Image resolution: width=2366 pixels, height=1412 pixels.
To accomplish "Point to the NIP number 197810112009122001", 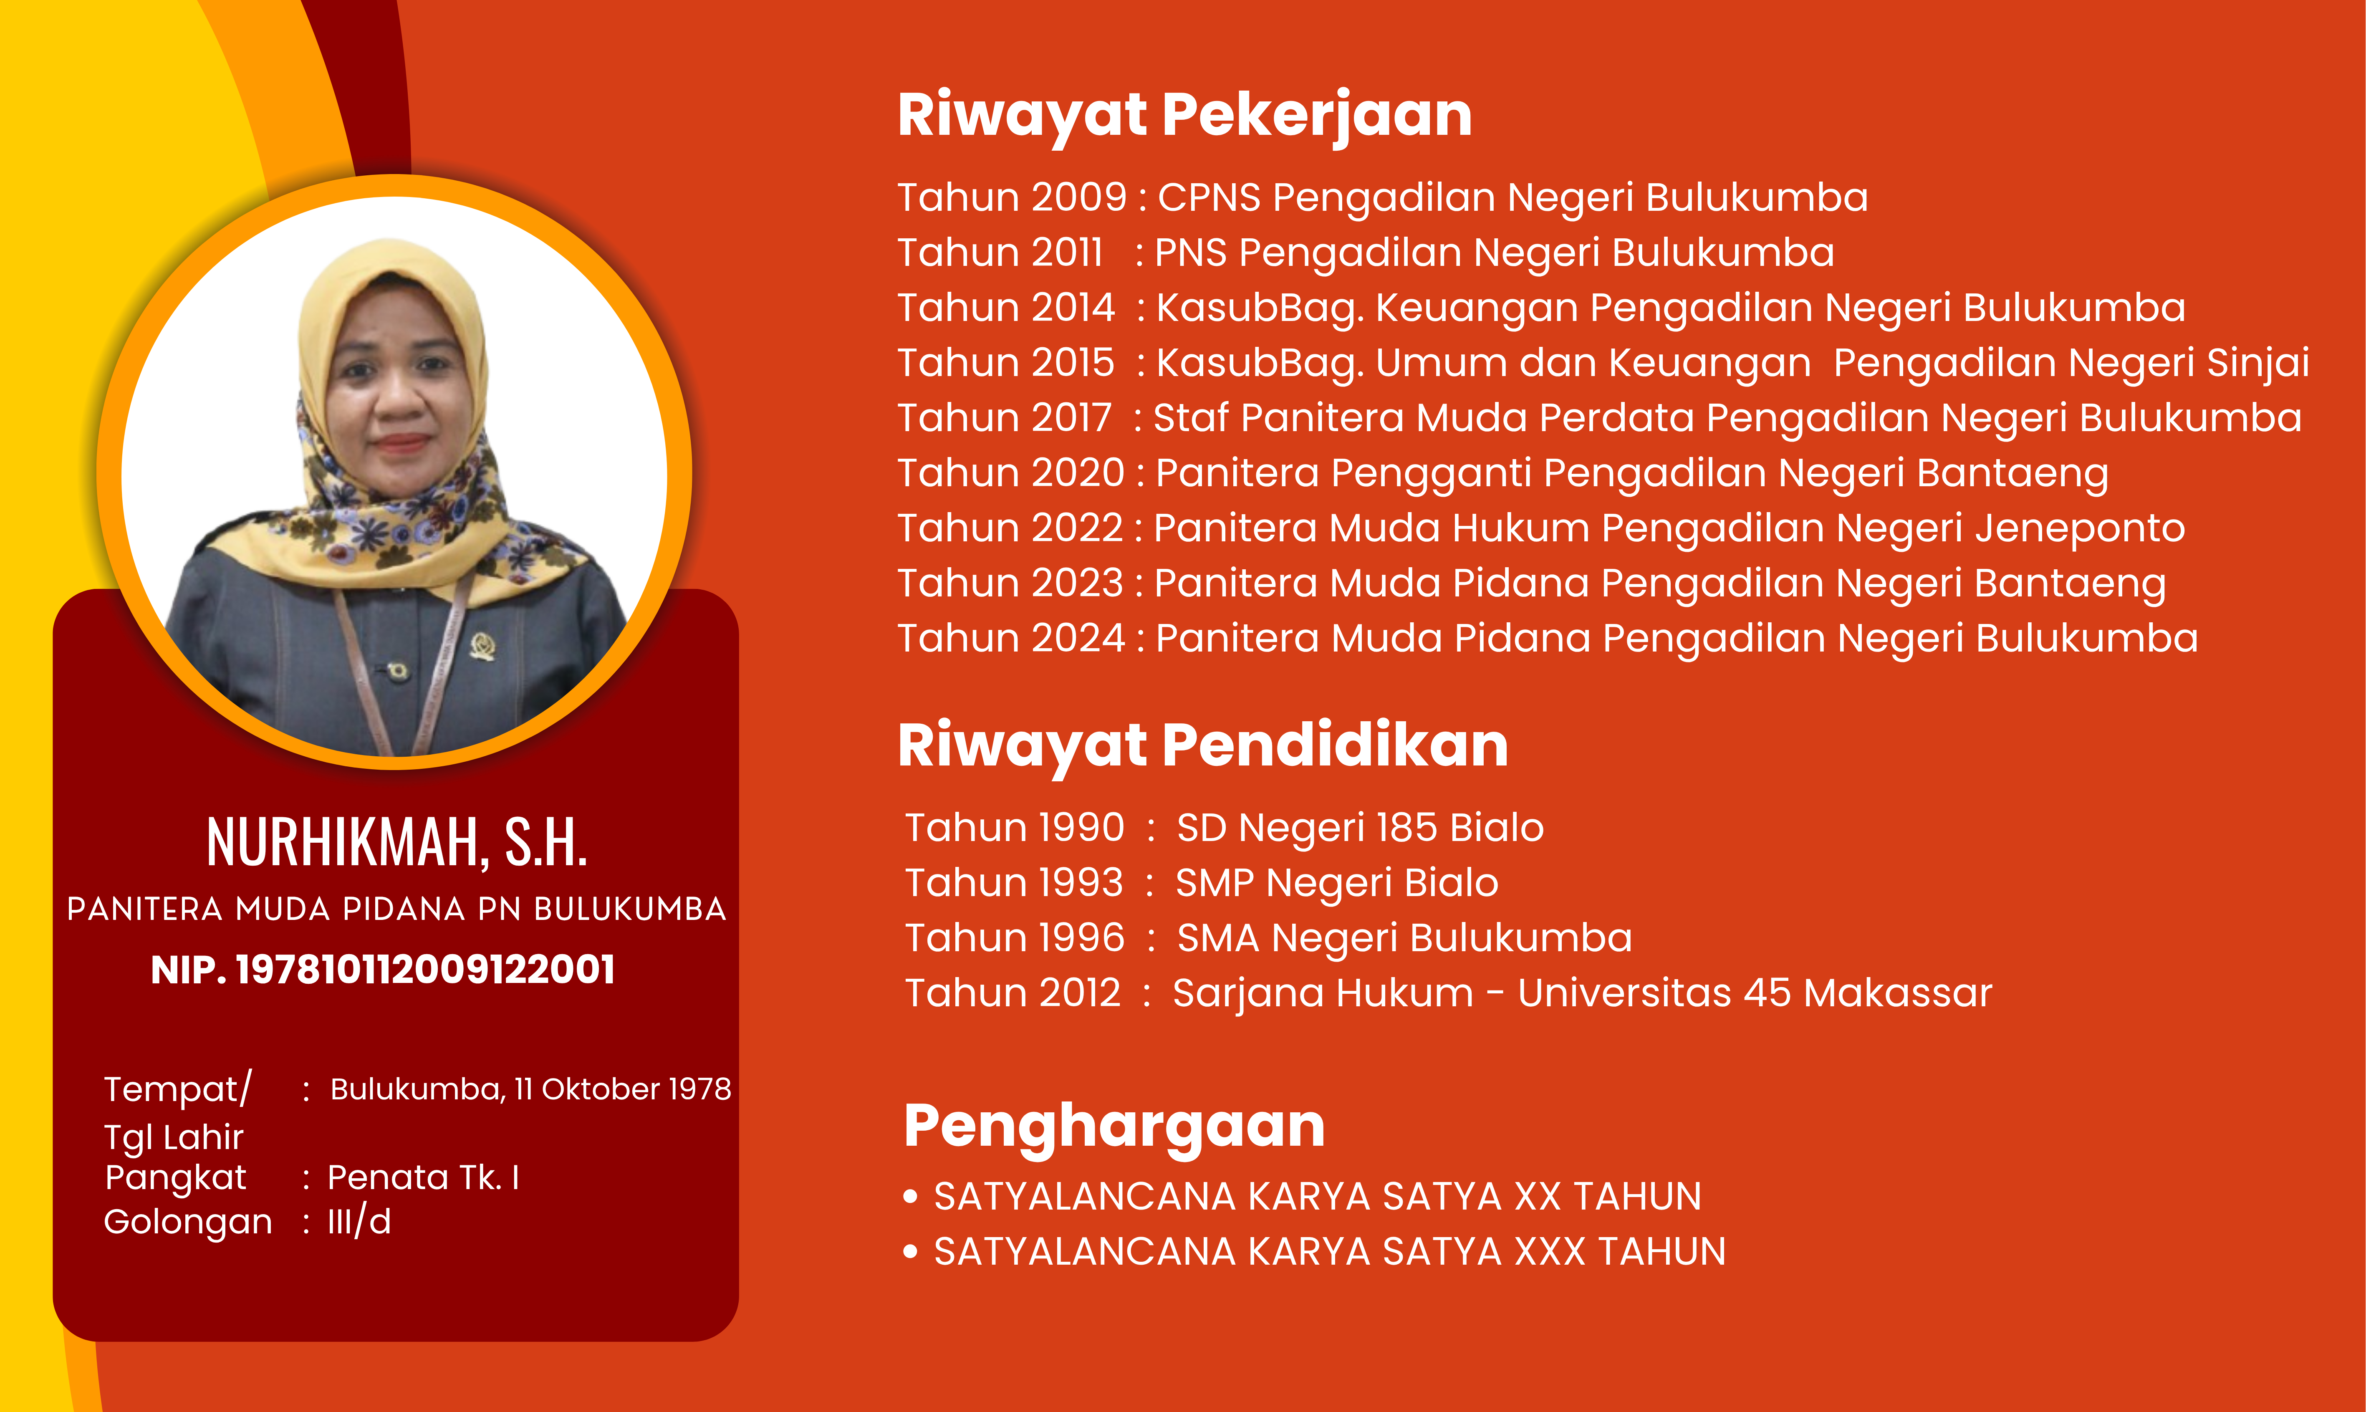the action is (425, 970).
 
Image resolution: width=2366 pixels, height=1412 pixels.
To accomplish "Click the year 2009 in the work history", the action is (1078, 197).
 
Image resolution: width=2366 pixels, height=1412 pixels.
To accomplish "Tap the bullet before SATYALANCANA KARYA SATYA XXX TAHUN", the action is (910, 1252).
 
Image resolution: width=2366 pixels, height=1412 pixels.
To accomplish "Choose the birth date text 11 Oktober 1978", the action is (622, 1089).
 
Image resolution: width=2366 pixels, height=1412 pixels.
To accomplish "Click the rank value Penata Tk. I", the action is (423, 1178).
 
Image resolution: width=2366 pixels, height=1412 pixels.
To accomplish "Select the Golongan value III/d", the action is (360, 1222).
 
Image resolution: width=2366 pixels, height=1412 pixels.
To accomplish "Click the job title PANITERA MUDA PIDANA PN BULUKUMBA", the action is (397, 909).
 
